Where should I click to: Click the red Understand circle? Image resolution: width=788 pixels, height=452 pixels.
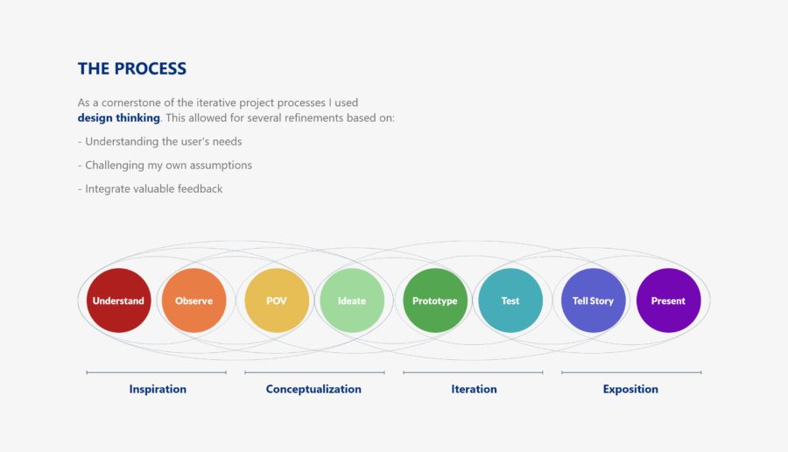pos(118,300)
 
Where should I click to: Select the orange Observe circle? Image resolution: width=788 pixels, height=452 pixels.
pos(193,300)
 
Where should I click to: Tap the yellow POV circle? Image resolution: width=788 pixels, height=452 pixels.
pos(277,300)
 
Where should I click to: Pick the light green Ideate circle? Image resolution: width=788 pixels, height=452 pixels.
pos(351,300)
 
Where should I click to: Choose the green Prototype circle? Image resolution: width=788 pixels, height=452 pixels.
pos(435,300)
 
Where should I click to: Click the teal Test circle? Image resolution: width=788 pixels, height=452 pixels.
pos(510,300)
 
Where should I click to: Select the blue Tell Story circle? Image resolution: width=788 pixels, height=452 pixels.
pos(593,300)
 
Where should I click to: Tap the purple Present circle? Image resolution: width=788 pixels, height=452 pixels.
pos(668,300)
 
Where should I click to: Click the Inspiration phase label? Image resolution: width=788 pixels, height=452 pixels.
pos(158,389)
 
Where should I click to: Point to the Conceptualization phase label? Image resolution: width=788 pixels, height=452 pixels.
pos(313,389)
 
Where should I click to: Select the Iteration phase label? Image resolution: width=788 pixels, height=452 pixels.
pos(474,389)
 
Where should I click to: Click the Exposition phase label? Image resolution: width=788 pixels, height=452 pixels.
pos(630,389)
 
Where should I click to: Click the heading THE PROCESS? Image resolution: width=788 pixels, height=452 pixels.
pos(131,68)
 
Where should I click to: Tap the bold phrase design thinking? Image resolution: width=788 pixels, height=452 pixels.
pos(118,117)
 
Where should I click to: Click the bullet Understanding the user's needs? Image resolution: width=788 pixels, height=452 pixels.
pos(159,141)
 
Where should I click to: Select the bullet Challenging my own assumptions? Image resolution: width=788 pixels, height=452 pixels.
pos(165,165)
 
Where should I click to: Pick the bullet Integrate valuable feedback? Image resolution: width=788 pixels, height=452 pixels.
pos(150,188)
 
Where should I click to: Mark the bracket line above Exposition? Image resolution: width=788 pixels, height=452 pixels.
pos(631,372)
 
